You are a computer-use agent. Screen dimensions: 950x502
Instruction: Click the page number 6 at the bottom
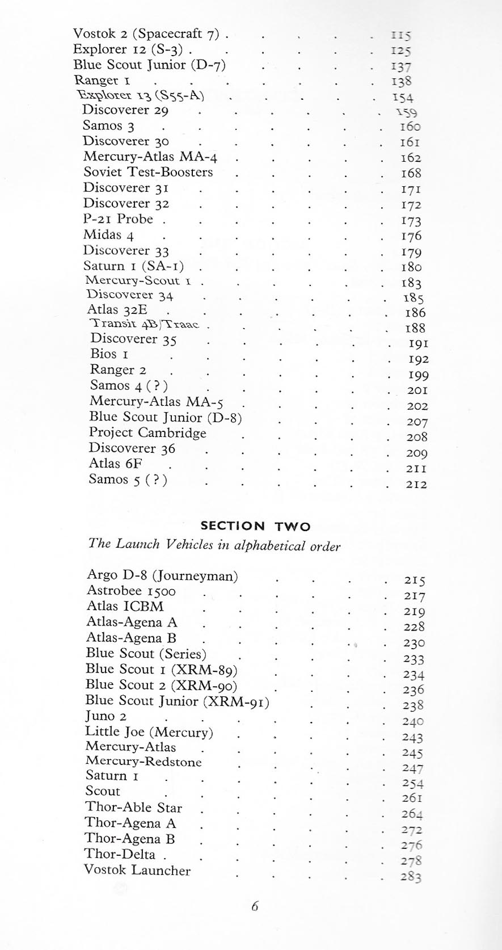tap(255, 906)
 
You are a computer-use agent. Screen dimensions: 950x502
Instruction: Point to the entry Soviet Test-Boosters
tap(148, 172)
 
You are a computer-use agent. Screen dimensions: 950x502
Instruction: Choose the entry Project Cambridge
tap(147, 433)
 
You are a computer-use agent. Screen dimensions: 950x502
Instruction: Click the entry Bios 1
tap(109, 354)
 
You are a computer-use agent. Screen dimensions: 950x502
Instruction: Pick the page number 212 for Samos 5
tap(417, 485)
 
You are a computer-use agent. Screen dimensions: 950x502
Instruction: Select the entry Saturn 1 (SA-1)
tap(133, 266)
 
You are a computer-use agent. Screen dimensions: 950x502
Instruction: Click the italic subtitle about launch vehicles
tap(214, 545)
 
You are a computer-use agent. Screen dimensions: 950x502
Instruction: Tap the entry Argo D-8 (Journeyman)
tap(162, 576)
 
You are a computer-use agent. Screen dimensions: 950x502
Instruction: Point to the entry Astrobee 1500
tap(131, 591)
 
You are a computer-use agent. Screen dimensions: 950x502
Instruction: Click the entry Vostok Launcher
tap(137, 870)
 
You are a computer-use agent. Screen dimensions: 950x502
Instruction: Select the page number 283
tap(411, 877)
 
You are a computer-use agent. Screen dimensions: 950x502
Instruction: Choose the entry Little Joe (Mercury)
tap(149, 732)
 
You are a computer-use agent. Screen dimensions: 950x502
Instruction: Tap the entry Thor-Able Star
tap(134, 808)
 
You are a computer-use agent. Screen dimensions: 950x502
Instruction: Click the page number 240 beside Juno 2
tap(414, 722)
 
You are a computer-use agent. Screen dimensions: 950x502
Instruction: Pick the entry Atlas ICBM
tap(125, 607)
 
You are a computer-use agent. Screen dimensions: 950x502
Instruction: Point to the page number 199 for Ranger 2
tap(418, 375)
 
